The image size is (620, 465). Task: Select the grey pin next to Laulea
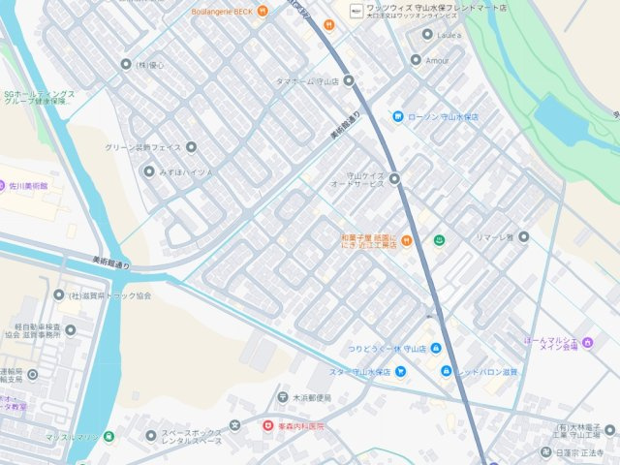pos(428,35)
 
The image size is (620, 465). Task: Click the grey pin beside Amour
pos(416,60)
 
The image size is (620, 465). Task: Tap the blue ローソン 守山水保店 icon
pos(397,117)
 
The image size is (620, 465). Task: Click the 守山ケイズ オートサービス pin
pos(394,178)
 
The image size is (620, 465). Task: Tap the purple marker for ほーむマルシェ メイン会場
pos(588,342)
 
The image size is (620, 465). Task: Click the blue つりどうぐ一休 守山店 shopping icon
pos(436,349)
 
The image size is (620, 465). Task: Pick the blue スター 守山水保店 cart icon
pos(399,372)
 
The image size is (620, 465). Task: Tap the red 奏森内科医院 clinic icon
pos(268,425)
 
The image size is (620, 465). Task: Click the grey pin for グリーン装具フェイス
pos(191,147)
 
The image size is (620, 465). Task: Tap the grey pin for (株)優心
pos(125,65)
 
